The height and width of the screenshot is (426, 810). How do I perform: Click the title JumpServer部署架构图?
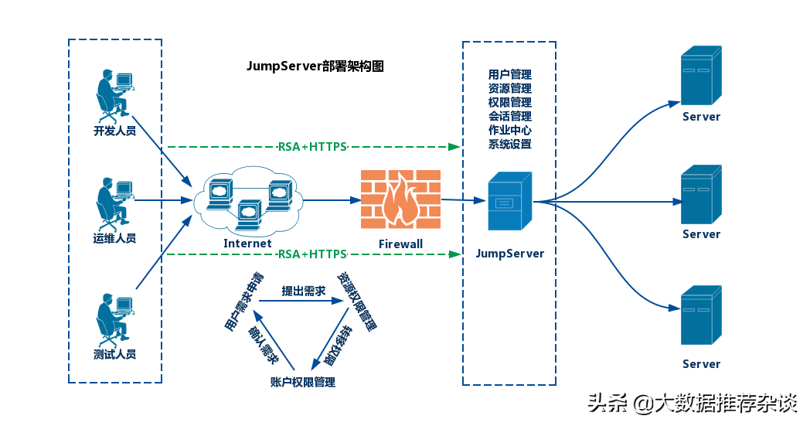315,66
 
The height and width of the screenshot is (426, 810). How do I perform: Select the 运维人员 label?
114,238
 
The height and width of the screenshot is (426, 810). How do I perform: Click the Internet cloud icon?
247,203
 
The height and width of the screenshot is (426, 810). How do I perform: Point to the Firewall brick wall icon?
400,199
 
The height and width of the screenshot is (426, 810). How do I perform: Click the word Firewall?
400,244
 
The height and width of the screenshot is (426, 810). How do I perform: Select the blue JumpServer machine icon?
509,201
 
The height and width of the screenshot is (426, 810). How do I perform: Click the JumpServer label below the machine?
509,254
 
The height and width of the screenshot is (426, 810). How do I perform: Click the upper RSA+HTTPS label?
312,147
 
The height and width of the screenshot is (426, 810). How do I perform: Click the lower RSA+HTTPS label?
312,254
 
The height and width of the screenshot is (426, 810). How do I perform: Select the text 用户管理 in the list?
510,75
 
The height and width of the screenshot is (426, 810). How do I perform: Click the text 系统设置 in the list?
510,145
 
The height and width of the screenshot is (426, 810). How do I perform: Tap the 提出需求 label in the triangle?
303,290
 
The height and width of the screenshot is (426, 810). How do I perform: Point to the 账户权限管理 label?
303,382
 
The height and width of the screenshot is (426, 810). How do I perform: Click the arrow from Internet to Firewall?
332,199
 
